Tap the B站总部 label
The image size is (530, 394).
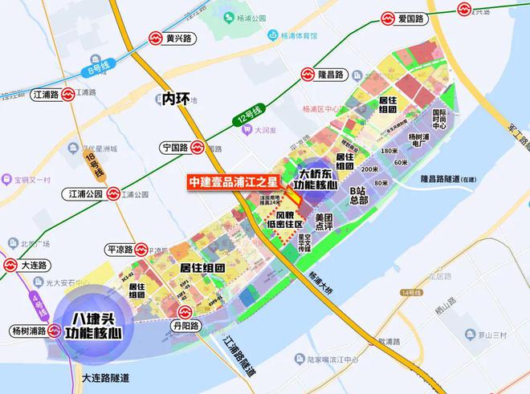click(358, 195)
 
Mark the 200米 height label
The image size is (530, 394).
click(369, 169)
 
